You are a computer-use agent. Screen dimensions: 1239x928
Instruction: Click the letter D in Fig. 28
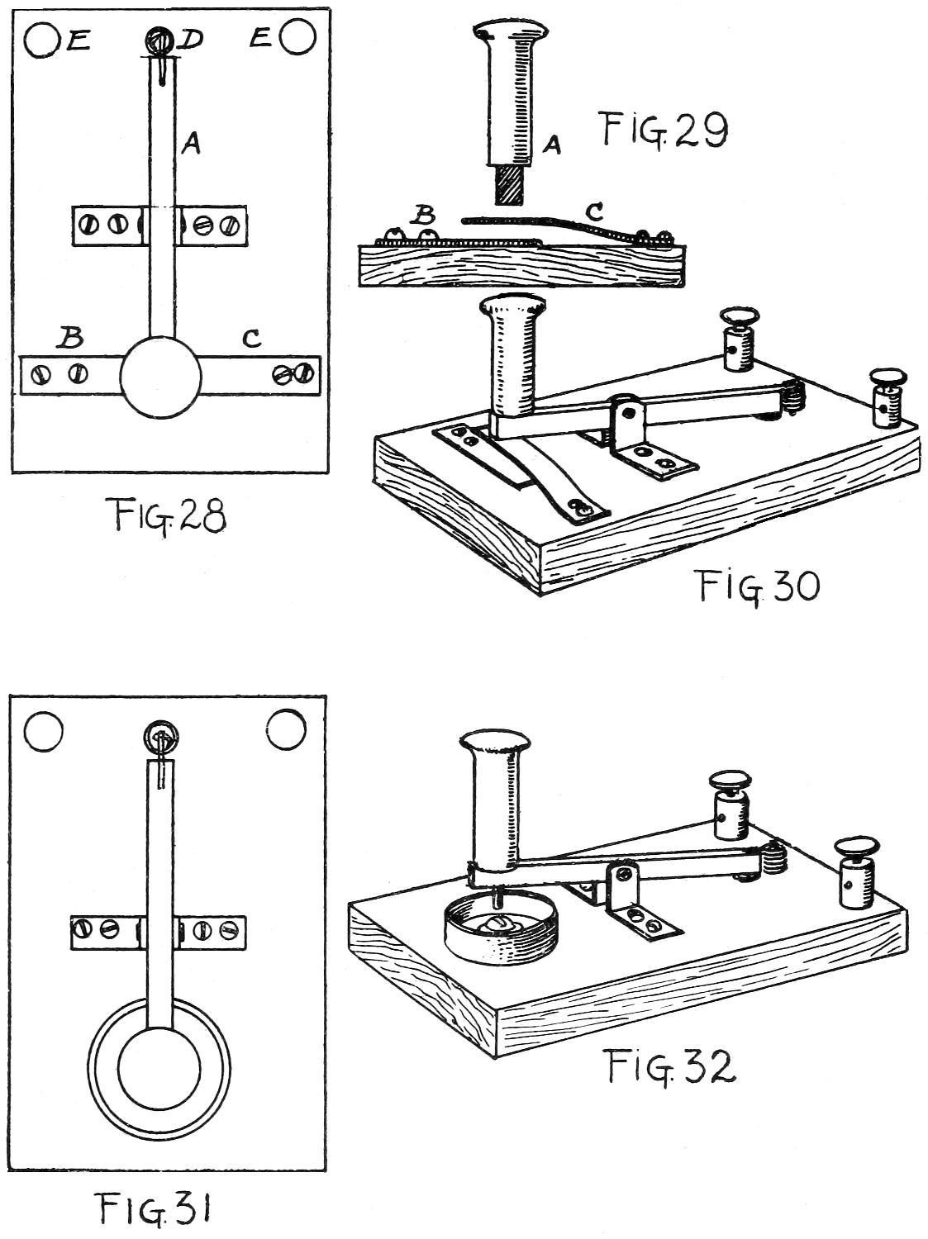[192, 39]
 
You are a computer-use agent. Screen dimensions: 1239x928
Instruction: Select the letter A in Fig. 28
[191, 145]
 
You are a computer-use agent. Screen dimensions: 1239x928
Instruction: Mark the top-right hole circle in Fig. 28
[297, 37]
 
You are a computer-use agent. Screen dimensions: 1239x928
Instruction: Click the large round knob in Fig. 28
[160, 377]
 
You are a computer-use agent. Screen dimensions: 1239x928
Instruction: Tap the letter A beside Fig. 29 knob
[552, 145]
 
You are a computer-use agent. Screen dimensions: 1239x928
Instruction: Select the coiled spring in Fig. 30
[793, 395]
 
